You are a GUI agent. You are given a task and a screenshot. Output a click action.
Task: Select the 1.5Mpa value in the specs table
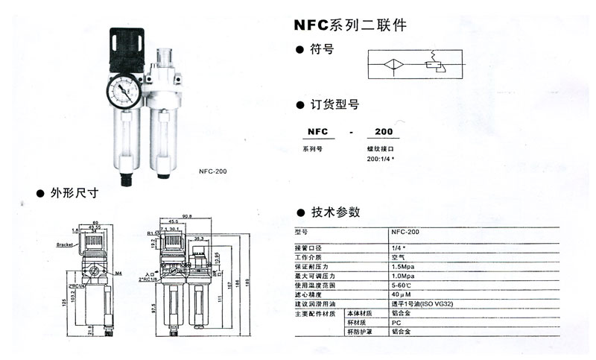[x=402, y=265]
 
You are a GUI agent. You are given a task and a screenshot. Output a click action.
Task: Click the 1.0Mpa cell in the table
[x=402, y=275]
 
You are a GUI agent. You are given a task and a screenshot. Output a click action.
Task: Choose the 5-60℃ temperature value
[x=402, y=285]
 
